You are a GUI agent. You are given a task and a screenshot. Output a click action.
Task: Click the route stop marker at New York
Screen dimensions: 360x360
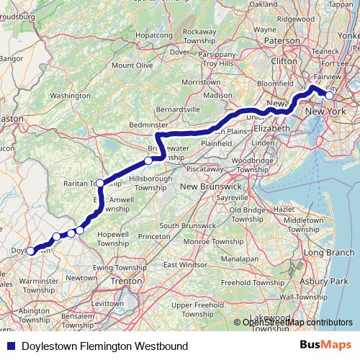[329, 95]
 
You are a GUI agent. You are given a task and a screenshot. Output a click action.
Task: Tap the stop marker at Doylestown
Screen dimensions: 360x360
[30, 251]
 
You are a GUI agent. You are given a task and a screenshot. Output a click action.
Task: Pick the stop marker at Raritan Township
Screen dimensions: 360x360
[100, 183]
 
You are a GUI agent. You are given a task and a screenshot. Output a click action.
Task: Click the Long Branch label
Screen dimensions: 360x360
[329, 253]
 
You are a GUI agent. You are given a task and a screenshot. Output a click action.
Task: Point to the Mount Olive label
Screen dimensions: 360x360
[132, 66]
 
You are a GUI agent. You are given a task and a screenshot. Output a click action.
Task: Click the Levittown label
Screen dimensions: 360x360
[109, 304]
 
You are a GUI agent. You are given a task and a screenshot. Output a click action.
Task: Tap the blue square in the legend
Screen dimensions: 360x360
[9, 346]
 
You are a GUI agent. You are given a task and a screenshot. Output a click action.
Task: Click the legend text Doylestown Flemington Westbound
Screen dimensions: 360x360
[104, 346]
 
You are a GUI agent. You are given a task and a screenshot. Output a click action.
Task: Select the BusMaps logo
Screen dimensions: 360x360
[325, 346]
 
